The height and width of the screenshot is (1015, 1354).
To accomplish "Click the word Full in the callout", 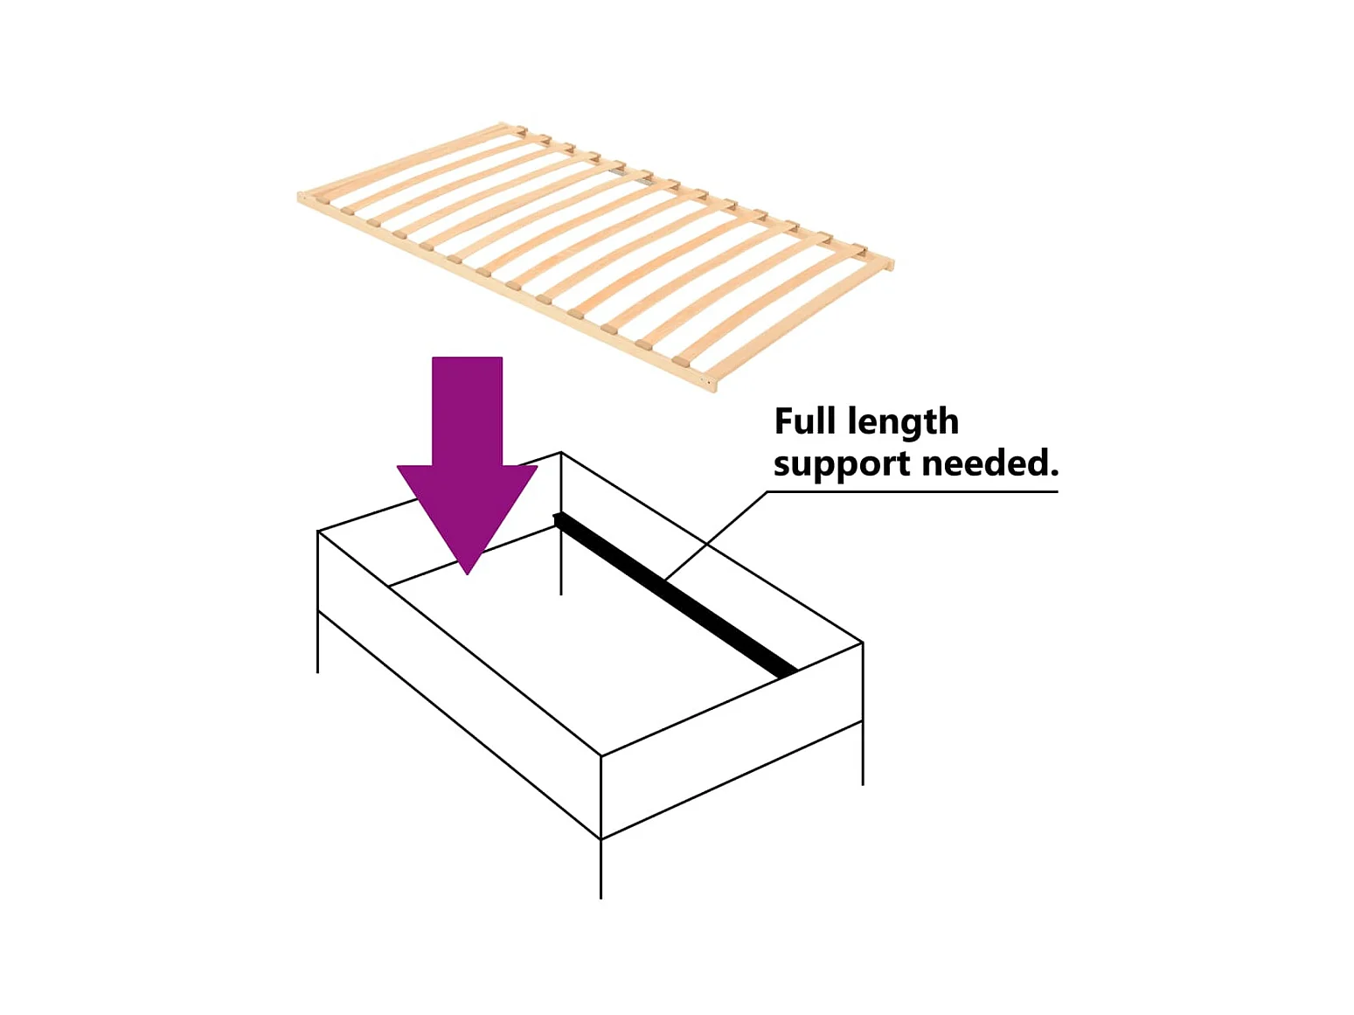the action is pos(805,421).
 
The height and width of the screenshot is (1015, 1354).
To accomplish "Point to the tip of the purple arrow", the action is pos(468,572).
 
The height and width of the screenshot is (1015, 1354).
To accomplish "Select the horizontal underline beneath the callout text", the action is pos(913,491).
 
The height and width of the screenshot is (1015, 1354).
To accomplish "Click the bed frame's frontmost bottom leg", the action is pos(601,869).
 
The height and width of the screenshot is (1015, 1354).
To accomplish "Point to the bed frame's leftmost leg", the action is pos(317,643).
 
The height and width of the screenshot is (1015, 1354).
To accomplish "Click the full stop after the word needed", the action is pos(1053,473).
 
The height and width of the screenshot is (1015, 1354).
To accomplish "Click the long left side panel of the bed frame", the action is pos(459,682).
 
